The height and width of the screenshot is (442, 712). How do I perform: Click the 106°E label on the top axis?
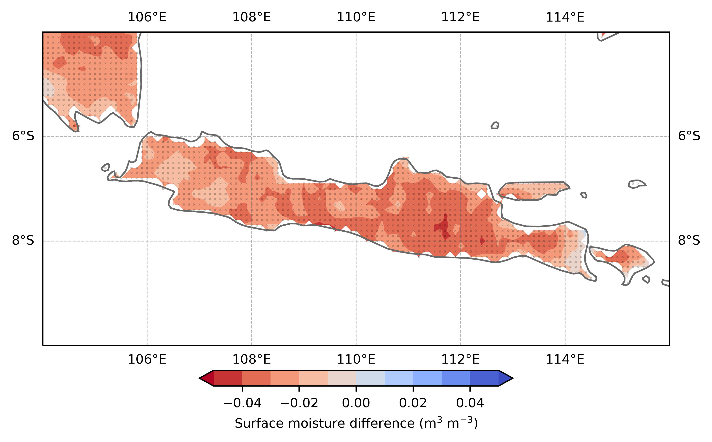pyautogui.click(x=147, y=17)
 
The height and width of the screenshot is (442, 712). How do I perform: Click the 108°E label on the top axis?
pyautogui.click(x=251, y=17)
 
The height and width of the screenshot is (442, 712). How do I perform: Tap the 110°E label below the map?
pyautogui.click(x=356, y=359)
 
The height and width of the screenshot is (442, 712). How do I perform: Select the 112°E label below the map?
pyautogui.click(x=461, y=359)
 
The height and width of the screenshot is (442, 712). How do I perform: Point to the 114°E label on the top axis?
pyautogui.click(x=565, y=17)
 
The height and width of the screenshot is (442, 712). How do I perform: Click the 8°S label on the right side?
pyautogui.click(x=689, y=241)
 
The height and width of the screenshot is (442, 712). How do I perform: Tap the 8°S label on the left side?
pyautogui.click(x=23, y=241)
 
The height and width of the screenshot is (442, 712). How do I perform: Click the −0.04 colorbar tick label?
pyautogui.click(x=242, y=403)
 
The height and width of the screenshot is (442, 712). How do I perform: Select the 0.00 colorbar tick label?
pyautogui.click(x=356, y=403)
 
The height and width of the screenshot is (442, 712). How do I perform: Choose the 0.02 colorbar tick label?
pyautogui.click(x=413, y=403)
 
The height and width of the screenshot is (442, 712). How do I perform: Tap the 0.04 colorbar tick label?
pyautogui.click(x=470, y=403)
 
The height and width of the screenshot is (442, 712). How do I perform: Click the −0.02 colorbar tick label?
pyautogui.click(x=299, y=403)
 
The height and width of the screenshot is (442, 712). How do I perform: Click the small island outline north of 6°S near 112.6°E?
pyautogui.click(x=495, y=125)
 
